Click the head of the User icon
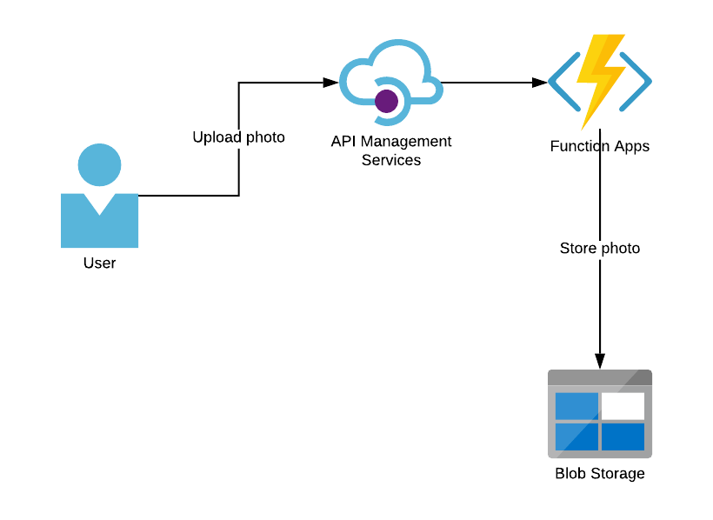click(x=99, y=165)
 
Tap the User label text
click(x=99, y=263)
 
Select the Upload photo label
click(x=238, y=137)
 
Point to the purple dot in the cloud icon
click(x=386, y=102)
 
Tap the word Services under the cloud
click(x=391, y=160)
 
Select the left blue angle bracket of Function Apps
click(x=564, y=83)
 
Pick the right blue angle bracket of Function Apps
click(x=636, y=83)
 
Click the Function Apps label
click(x=600, y=146)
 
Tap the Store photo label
click(x=600, y=249)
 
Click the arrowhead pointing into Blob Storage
click(x=600, y=361)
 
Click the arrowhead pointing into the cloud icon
click(x=330, y=83)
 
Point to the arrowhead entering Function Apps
click(x=539, y=83)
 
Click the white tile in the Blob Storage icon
click(x=623, y=405)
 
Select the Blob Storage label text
click(x=600, y=474)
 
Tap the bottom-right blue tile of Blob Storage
click(x=623, y=436)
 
